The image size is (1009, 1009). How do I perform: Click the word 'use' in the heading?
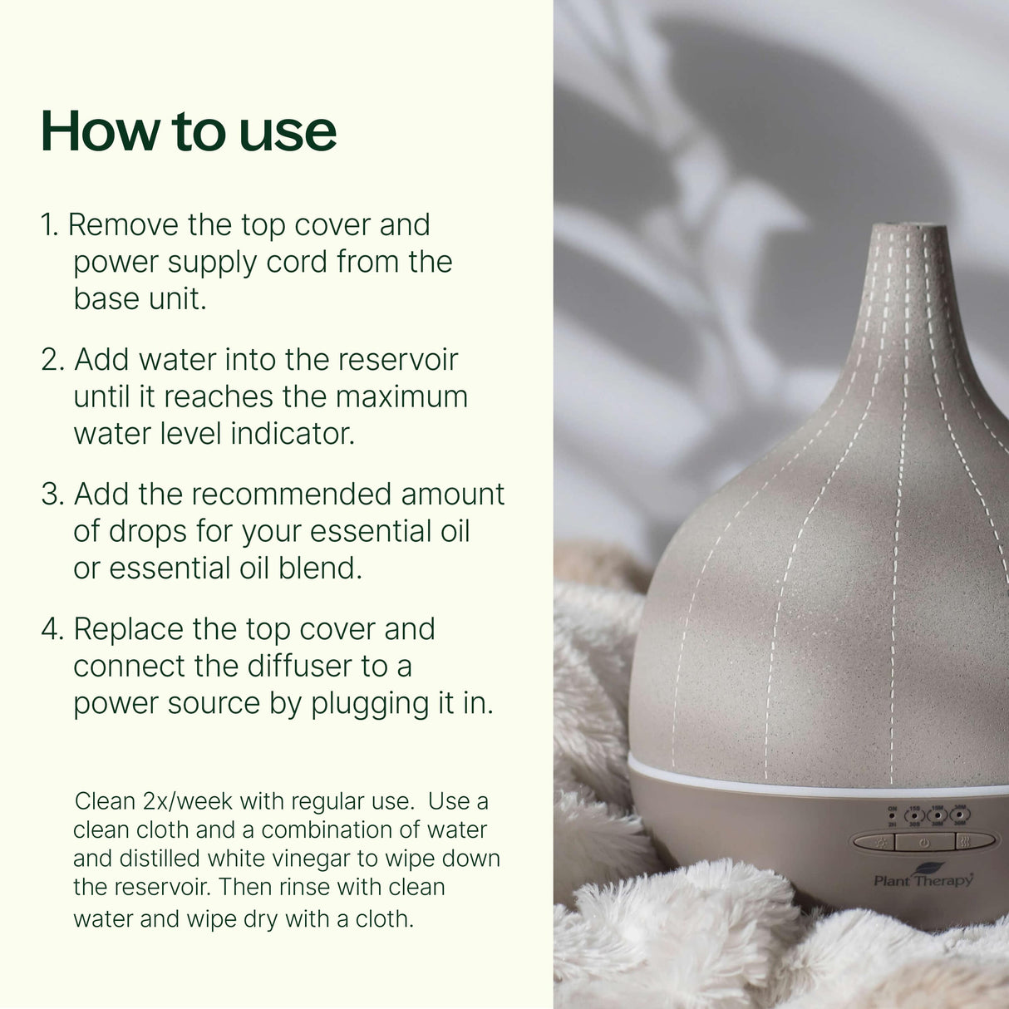[x=288, y=131]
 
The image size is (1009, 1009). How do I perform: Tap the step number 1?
[x=49, y=225]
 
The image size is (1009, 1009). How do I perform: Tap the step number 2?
[x=52, y=360]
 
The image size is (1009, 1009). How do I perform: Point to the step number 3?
[x=52, y=495]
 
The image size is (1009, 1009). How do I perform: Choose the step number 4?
[x=52, y=629]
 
